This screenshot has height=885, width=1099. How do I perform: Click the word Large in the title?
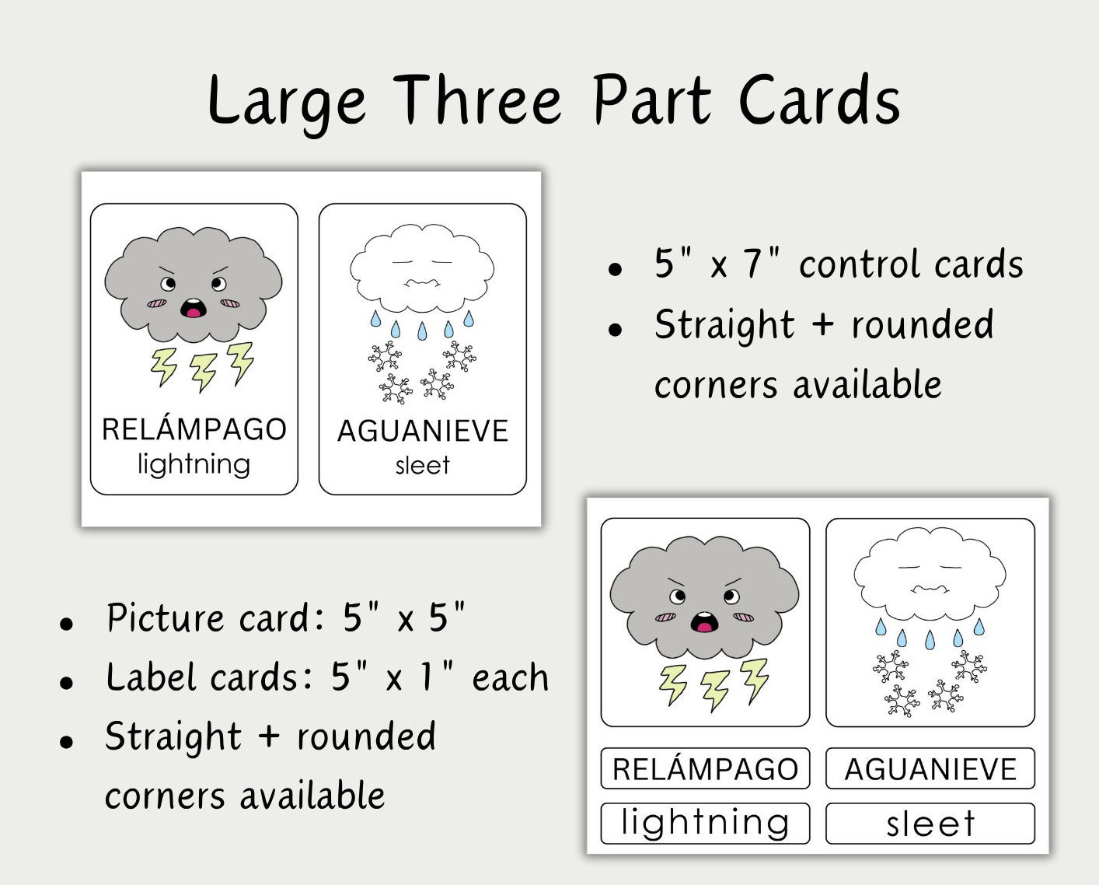tap(286, 101)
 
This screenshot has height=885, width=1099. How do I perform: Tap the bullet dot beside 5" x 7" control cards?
tap(616, 270)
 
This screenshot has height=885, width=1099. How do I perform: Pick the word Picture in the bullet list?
tap(165, 618)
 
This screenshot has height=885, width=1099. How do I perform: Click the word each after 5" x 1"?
tap(510, 677)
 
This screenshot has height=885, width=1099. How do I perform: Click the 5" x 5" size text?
tap(403, 618)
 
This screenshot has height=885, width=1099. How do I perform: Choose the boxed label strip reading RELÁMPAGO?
tap(705, 768)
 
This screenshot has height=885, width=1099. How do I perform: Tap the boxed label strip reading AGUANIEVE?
tap(930, 768)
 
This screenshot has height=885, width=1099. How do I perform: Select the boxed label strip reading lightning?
tap(705, 823)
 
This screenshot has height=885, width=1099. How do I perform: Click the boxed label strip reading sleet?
tap(930, 823)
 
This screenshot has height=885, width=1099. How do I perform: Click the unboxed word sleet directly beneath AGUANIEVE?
tap(422, 465)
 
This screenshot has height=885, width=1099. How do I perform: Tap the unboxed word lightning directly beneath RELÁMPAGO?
tap(194, 464)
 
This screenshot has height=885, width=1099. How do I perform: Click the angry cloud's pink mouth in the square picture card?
tap(704, 622)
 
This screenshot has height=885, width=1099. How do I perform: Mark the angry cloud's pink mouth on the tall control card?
tap(192, 309)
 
